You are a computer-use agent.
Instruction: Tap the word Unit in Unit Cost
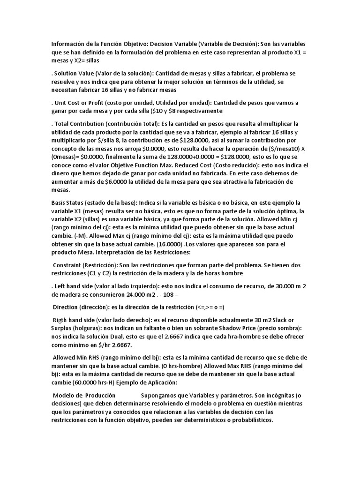pos(60,103)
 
